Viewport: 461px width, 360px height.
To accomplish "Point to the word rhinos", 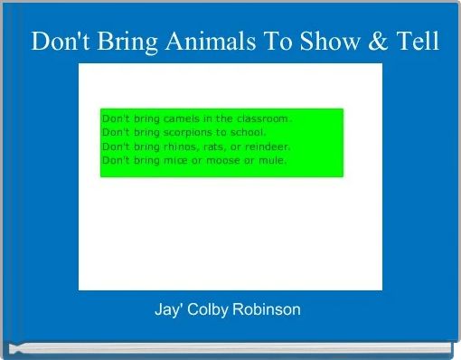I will [171, 147].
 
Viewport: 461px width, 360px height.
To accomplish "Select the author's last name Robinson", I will [268, 309].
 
